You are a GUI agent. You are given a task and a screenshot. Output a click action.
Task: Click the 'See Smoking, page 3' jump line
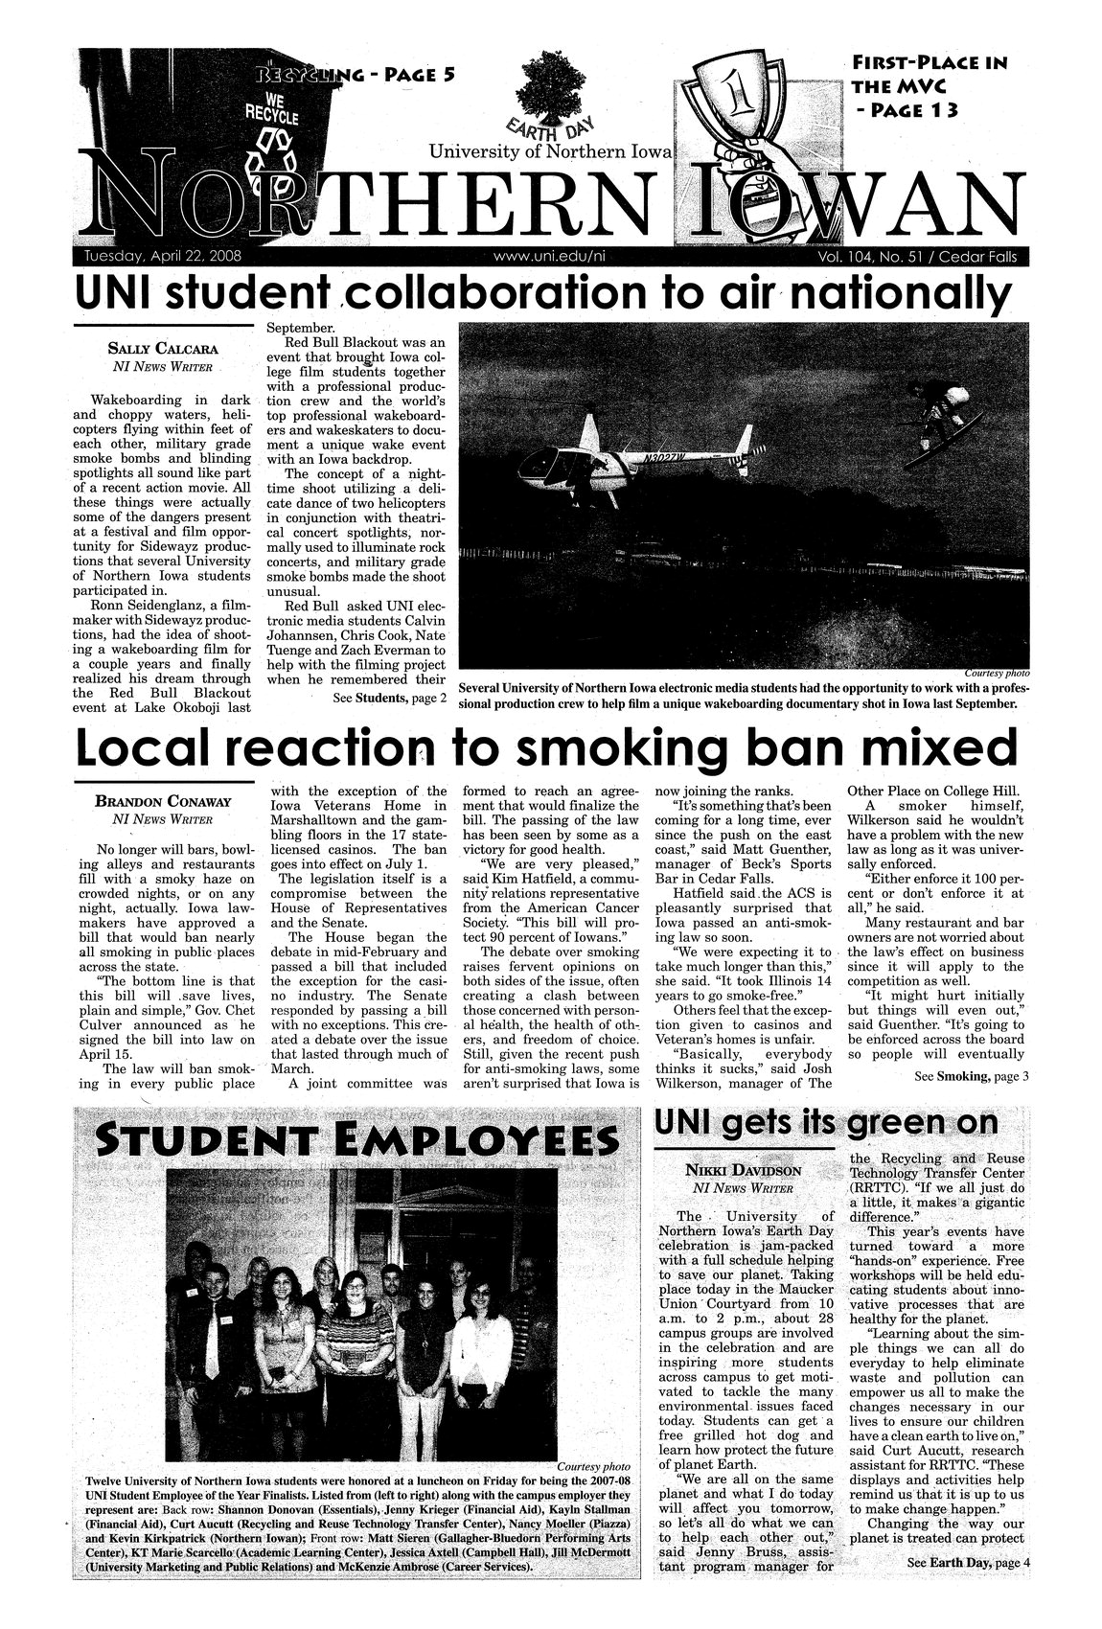coord(970,1076)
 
